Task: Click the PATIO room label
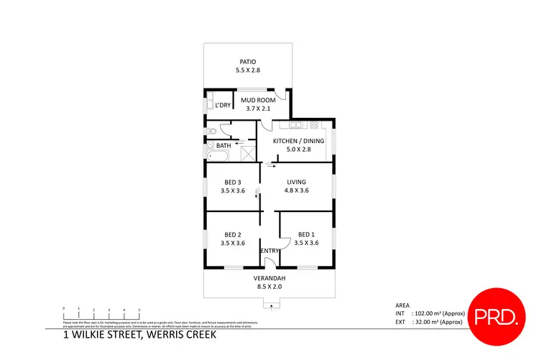click(249, 62)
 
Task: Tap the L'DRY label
click(223, 106)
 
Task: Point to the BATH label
click(224, 146)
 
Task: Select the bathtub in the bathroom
click(216, 156)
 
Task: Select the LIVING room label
click(297, 183)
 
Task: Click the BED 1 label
click(306, 234)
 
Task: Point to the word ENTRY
click(269, 251)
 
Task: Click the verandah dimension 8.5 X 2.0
click(269, 287)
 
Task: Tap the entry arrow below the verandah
click(270, 305)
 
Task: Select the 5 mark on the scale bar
click(139, 309)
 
